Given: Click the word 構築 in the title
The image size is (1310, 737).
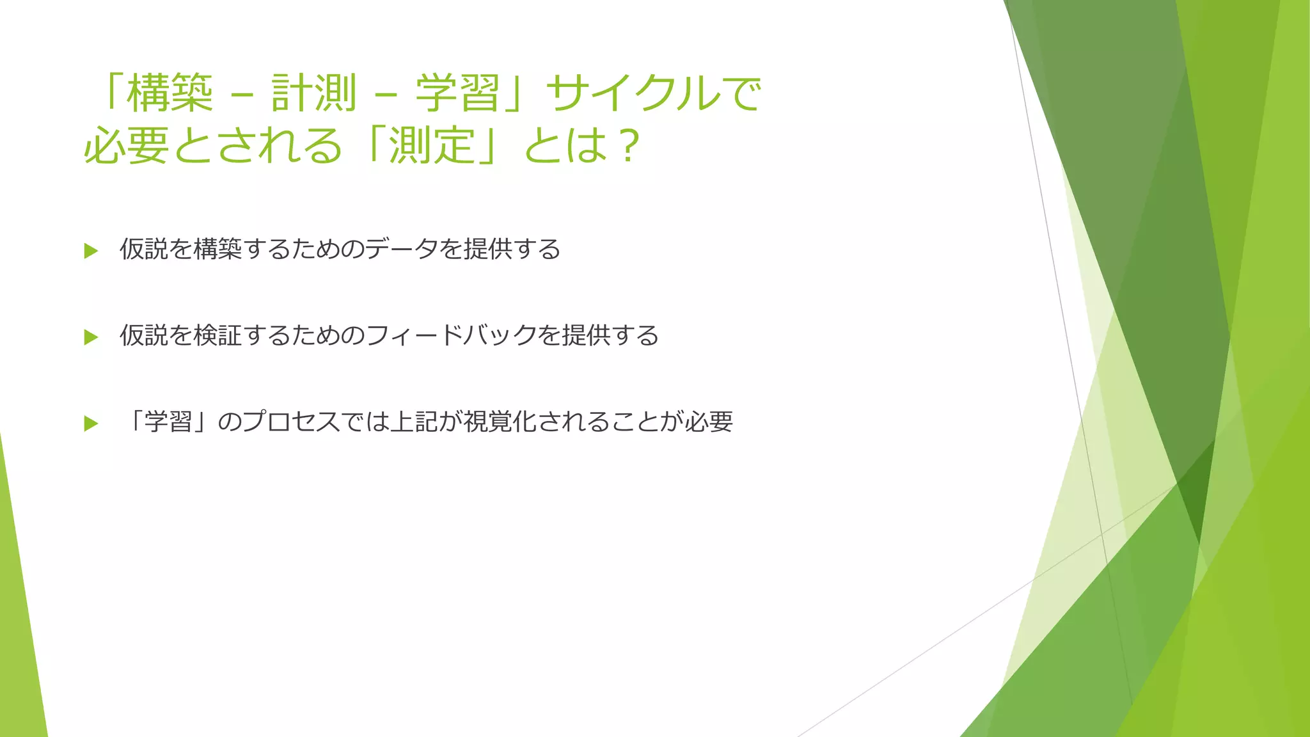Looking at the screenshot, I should [x=170, y=93].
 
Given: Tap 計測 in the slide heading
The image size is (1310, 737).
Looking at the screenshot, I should [x=313, y=93].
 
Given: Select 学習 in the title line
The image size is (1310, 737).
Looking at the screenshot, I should [x=457, y=93].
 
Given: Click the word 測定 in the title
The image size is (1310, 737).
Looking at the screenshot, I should [x=432, y=145].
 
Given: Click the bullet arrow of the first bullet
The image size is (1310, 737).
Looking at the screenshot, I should [x=91, y=251].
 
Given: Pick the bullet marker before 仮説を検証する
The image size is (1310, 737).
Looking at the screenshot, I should [x=91, y=337].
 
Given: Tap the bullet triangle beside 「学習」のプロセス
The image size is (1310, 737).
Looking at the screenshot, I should [x=91, y=423].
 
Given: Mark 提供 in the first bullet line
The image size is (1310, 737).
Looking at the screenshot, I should [x=488, y=249].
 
